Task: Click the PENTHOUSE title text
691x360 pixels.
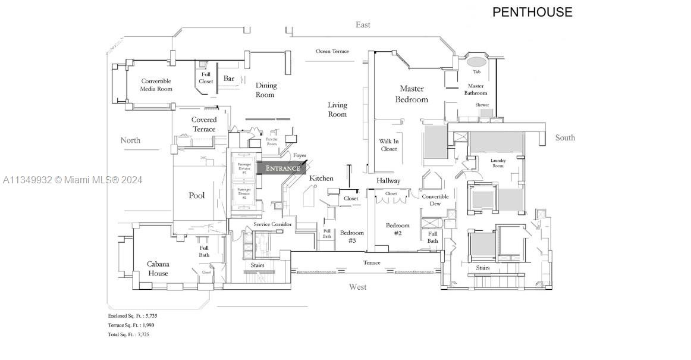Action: (x=532, y=12)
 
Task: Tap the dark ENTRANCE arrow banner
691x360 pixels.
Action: (x=283, y=168)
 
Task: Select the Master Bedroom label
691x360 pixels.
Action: (x=412, y=94)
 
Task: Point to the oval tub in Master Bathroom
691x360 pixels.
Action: (x=476, y=61)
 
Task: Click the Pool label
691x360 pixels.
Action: (x=197, y=196)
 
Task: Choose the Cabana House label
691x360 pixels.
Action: (x=158, y=268)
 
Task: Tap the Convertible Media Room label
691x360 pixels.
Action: (x=156, y=85)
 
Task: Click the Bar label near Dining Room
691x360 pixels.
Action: (x=229, y=79)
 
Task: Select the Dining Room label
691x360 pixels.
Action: (x=266, y=90)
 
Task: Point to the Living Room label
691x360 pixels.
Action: (x=337, y=109)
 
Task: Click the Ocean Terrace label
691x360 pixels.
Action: (x=332, y=51)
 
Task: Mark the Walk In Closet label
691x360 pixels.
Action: (x=388, y=145)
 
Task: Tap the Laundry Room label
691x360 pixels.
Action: (x=498, y=163)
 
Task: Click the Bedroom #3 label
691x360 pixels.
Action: (x=352, y=236)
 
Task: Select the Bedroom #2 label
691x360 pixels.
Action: (x=397, y=229)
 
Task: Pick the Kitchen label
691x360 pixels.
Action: (x=321, y=179)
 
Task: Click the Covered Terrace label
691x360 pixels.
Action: (x=204, y=124)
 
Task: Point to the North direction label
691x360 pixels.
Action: (x=130, y=140)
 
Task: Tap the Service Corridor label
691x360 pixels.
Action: (x=272, y=224)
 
